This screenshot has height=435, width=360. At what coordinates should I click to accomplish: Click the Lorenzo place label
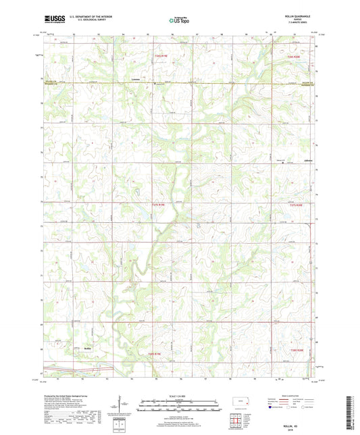tap(136, 78)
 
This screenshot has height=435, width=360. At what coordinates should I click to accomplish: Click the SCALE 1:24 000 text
tap(180, 396)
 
